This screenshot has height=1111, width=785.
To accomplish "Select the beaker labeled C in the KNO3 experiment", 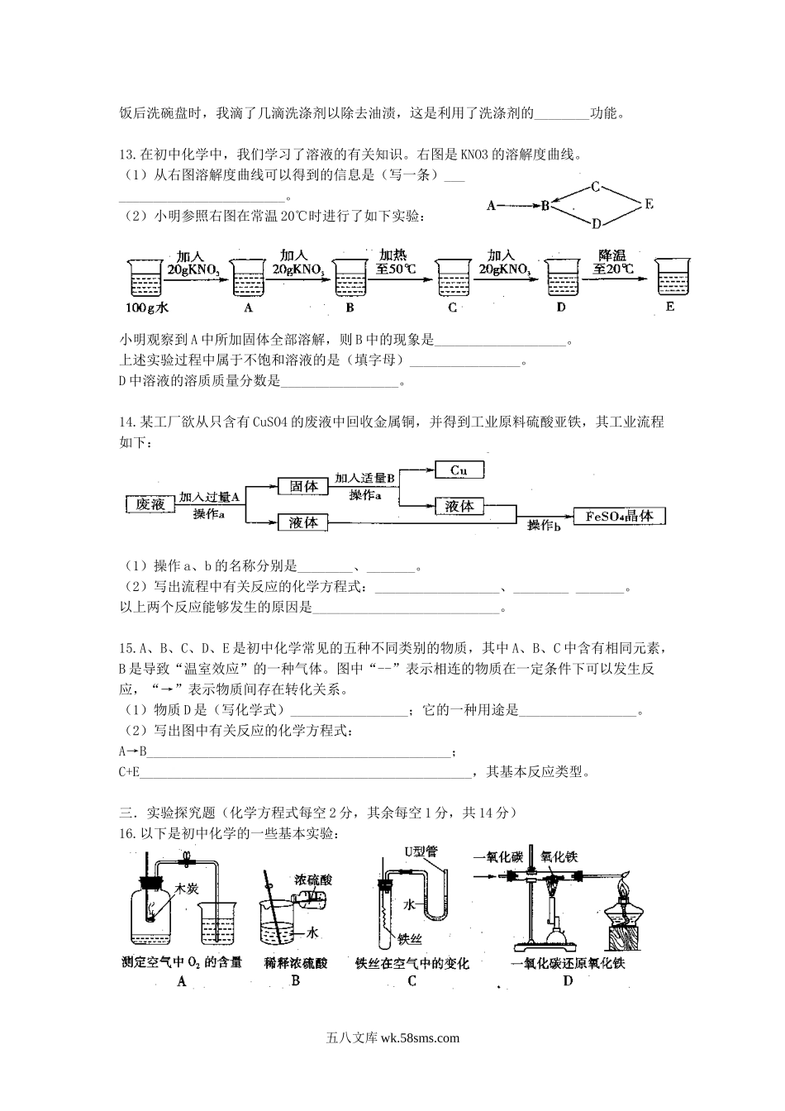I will coord(452,277).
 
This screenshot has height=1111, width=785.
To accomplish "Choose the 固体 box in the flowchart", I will coord(303,487).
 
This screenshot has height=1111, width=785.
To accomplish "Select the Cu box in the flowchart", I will coord(459,470).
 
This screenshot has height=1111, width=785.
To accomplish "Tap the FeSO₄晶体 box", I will coord(619,517).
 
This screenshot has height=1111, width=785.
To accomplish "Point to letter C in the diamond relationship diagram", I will coord(594,188).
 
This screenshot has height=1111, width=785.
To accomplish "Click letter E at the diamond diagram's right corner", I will coord(649,204).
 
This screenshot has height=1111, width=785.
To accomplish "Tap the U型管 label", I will coord(420,851).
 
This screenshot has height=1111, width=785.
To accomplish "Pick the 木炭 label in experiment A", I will coord(183,889).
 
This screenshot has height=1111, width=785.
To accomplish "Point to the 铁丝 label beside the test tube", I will coord(410,939).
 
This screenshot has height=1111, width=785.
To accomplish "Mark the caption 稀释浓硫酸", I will coord(296,963).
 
